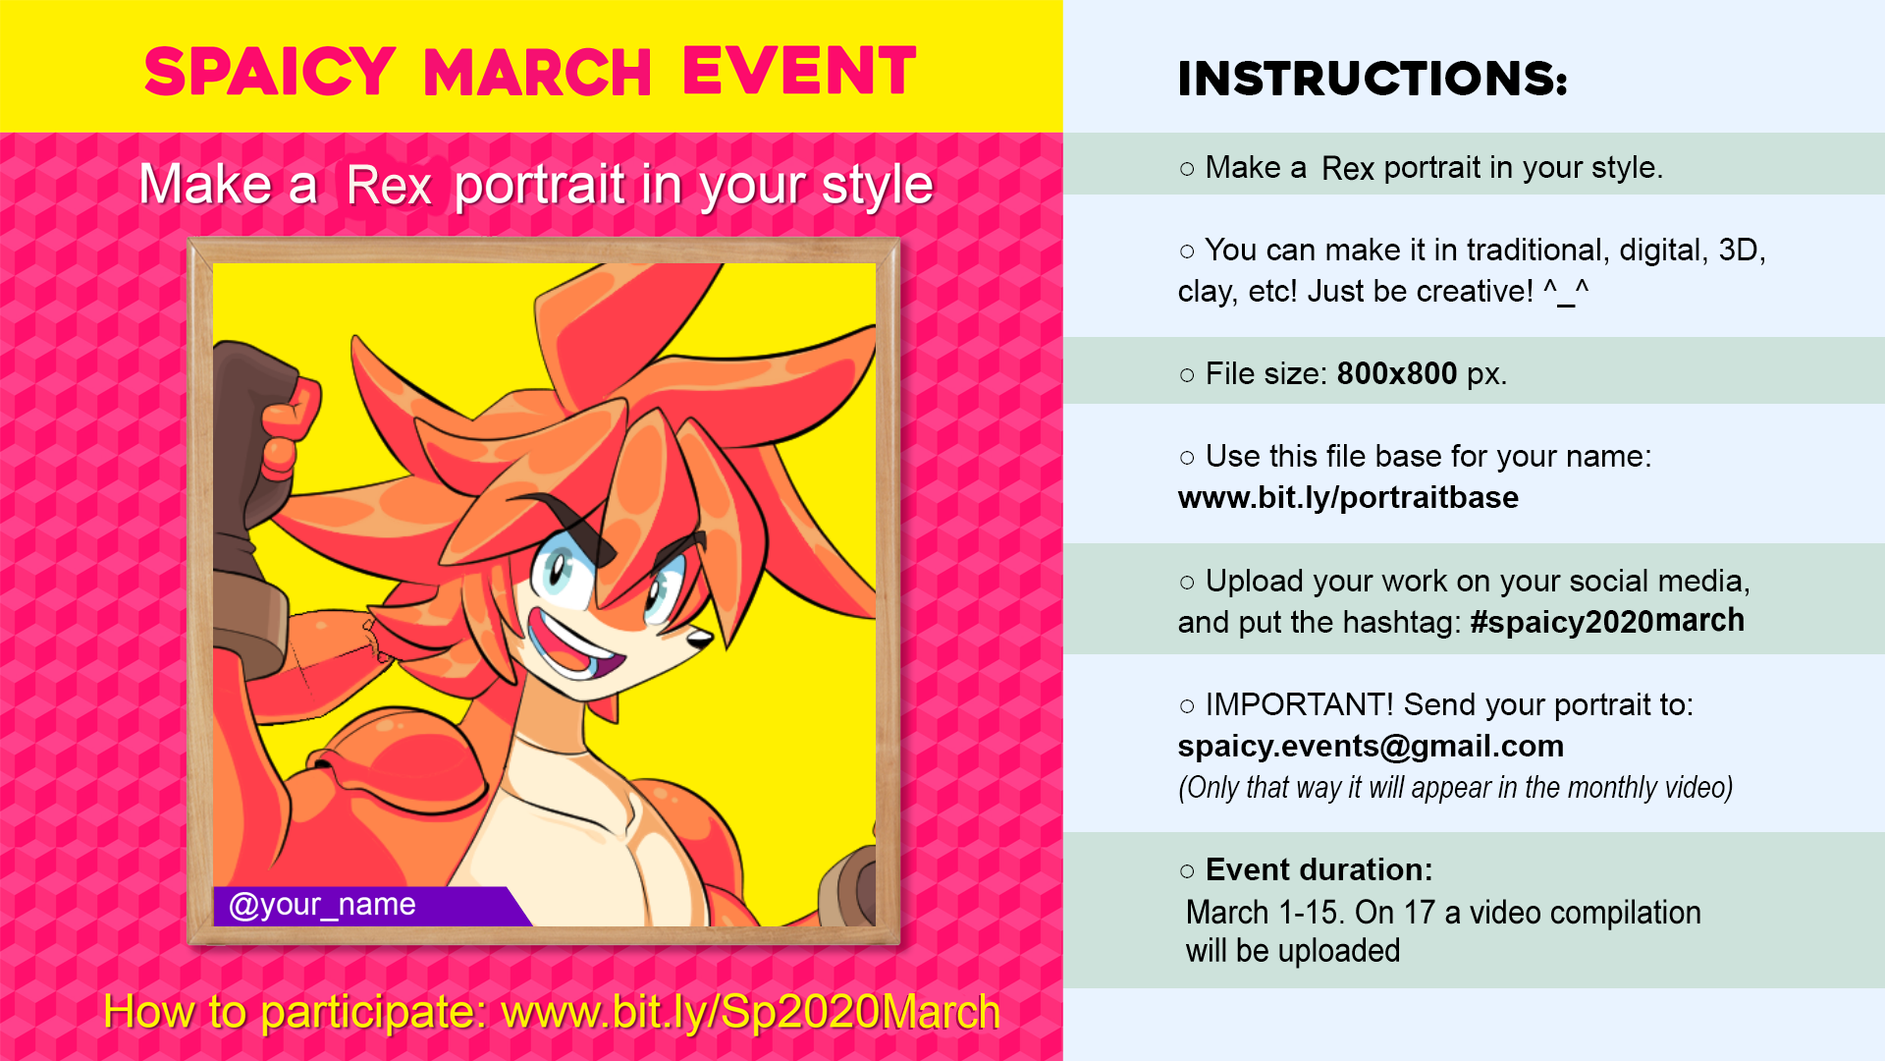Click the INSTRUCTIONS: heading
click(x=1373, y=79)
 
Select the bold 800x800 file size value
click(x=1396, y=373)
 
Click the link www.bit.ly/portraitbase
click(x=1348, y=498)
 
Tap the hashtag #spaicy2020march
click(x=1607, y=621)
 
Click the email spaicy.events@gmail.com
click(x=1371, y=747)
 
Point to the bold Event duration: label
click(x=1319, y=869)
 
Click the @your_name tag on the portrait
click(x=322, y=905)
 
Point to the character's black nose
click(x=701, y=639)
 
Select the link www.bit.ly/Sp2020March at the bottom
click(x=750, y=1012)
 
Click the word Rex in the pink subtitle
click(x=389, y=186)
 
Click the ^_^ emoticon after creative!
click(x=1566, y=291)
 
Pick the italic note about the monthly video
click(x=1455, y=788)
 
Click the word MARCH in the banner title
click(x=538, y=73)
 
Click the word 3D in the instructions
click(x=1738, y=250)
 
